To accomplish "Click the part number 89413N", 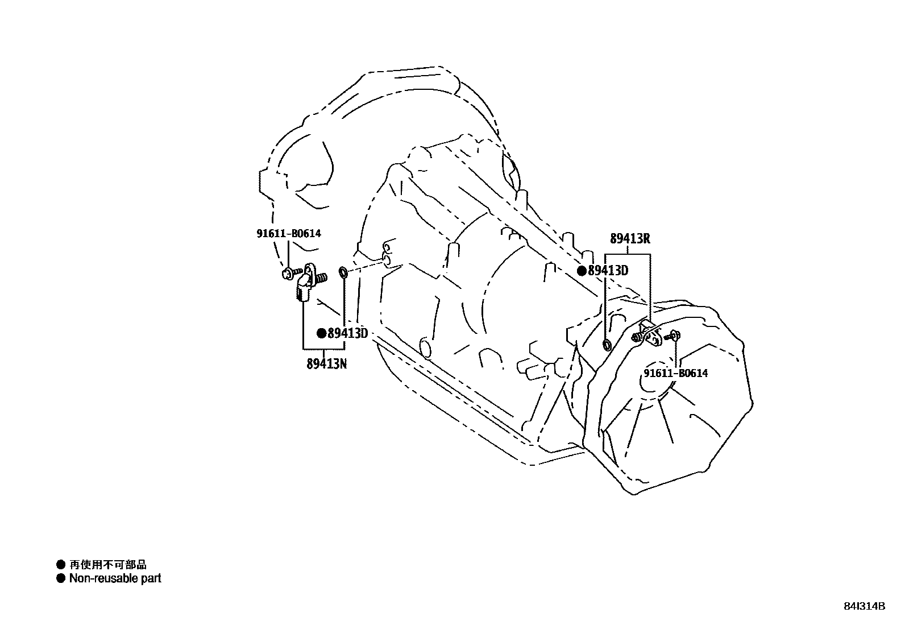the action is (x=326, y=364).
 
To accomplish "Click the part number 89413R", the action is (x=630, y=239).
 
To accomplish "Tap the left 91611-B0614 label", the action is (x=288, y=233).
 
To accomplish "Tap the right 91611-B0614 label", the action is (x=675, y=373).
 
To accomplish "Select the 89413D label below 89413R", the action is (x=608, y=271).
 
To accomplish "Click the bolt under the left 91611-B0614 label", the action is (x=288, y=275).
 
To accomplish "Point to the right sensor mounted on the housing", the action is (x=647, y=334).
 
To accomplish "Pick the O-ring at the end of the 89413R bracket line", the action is (x=607, y=344).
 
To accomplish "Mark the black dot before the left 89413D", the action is (x=322, y=333).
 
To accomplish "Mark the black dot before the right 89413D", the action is (x=582, y=271).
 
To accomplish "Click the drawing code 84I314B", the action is (x=864, y=606).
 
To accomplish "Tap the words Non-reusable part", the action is (x=115, y=578).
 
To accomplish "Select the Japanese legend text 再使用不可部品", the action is (x=108, y=565).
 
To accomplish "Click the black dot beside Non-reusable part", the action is (x=61, y=578).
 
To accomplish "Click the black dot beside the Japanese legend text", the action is (x=61, y=565).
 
